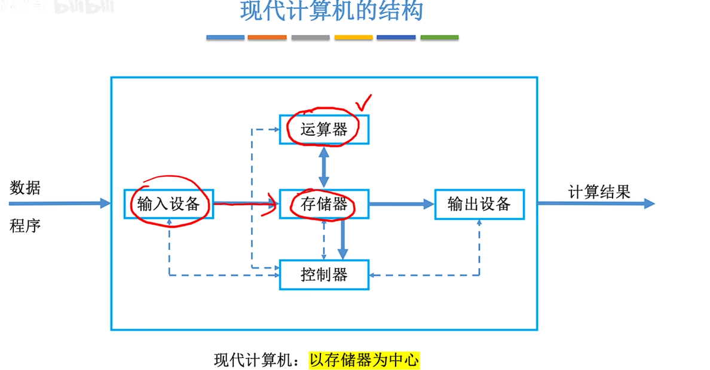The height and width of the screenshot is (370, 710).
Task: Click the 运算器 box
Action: [x=324, y=129]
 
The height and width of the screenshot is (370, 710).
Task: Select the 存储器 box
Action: [x=324, y=204]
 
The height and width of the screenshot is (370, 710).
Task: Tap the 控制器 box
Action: [x=324, y=275]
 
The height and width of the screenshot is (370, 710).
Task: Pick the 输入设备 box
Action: [x=169, y=204]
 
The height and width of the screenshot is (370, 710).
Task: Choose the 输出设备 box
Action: [x=479, y=204]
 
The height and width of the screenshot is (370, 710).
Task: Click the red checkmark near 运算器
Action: [x=363, y=103]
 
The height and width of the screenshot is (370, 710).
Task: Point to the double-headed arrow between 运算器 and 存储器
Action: [x=324, y=166]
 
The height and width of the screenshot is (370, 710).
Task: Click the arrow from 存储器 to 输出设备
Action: [x=401, y=204]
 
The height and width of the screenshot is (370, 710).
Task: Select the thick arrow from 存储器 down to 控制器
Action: [x=343, y=239]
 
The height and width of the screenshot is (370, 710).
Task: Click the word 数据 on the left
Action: [x=25, y=188]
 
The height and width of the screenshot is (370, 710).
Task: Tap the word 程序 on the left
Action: [x=25, y=226]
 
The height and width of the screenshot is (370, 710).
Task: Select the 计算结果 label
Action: [x=599, y=192]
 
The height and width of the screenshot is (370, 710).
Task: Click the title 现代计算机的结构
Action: [x=332, y=11]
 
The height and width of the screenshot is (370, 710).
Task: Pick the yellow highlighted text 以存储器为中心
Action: [x=365, y=360]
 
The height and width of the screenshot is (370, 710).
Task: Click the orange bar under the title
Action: [x=267, y=37]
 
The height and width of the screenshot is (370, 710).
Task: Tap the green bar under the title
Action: [x=439, y=37]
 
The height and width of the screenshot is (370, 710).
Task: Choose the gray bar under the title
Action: [x=310, y=37]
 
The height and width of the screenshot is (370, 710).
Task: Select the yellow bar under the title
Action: [x=353, y=37]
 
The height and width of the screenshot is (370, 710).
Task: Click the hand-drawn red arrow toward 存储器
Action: [x=245, y=204]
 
